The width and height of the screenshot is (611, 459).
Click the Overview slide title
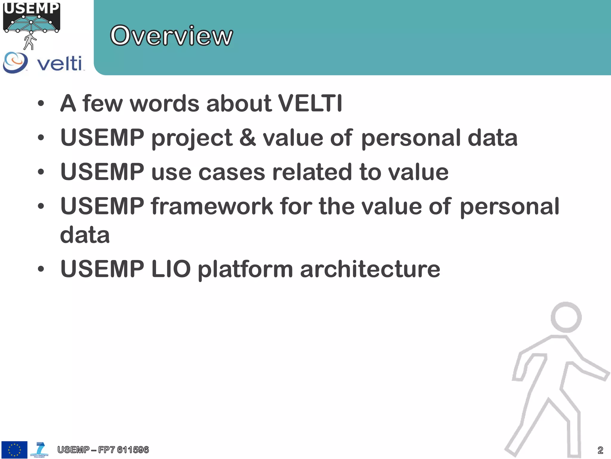point(171,36)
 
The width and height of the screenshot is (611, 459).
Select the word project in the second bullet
point(192,138)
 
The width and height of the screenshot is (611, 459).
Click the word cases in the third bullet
point(232,172)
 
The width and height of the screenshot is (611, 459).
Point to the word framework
point(212,206)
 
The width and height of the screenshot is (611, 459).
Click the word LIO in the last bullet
point(171,269)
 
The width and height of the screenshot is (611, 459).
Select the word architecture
point(370,269)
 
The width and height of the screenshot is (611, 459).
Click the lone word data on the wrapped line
point(85,235)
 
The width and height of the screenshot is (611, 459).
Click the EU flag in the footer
point(14,450)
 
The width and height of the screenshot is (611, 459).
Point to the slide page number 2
point(600,450)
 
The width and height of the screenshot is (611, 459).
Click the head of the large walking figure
point(566,317)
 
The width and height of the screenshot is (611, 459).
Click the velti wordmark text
point(60,63)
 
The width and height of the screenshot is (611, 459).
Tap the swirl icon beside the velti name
point(15,62)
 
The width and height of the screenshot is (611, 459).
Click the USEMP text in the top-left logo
point(31,8)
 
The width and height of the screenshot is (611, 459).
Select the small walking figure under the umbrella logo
point(30,42)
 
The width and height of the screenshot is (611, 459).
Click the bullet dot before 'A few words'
point(41,104)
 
